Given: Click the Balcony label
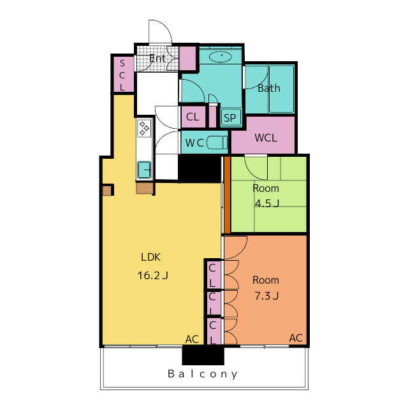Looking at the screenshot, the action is click(203, 374).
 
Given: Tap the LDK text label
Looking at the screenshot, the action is click(150, 257).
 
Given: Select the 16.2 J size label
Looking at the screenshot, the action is click(152, 275).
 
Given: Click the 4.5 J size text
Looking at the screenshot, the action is click(266, 203).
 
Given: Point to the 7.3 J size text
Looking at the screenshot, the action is click(266, 296).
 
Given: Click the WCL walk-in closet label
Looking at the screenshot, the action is click(266, 138).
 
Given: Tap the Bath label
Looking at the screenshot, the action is click(269, 88).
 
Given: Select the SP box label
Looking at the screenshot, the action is click(230, 118).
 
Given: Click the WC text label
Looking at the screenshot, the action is click(194, 143).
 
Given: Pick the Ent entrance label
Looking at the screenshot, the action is click(157, 58).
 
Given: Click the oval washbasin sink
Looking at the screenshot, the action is click(221, 57).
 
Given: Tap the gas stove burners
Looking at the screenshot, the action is click(144, 128).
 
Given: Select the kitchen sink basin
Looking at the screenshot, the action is click(144, 170).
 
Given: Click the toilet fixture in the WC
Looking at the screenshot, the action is click(217, 143).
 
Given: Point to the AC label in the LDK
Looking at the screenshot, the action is click(192, 339).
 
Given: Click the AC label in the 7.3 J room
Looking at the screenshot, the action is click(296, 338).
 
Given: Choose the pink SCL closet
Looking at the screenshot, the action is click(122, 75).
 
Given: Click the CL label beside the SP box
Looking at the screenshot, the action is click(193, 117).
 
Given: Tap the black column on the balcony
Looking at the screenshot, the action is click(203, 355).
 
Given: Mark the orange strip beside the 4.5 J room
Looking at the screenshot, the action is click(227, 195).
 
